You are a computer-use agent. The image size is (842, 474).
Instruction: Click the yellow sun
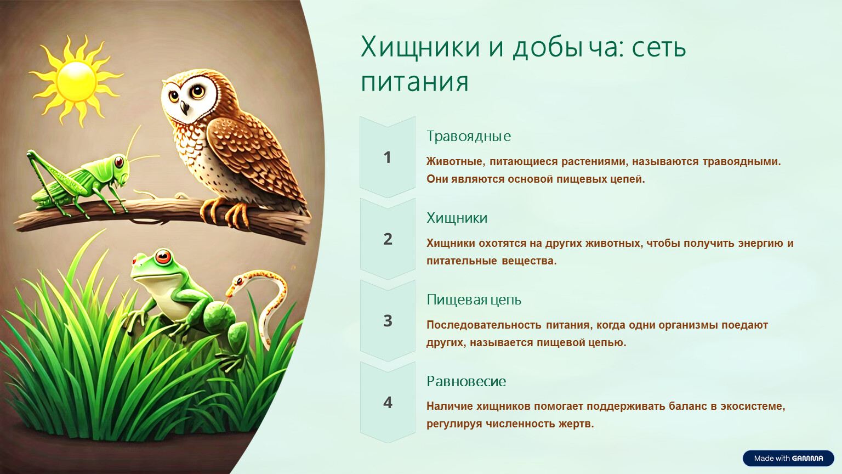pyautogui.click(x=76, y=81)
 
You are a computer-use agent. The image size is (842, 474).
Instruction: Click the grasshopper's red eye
pyautogui.click(x=119, y=162)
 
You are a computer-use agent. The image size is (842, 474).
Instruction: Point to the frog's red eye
pyautogui.click(x=163, y=257)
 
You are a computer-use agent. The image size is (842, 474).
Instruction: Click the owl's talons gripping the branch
pyautogui.click(x=225, y=212)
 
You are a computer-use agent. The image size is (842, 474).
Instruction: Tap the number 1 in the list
pyautogui.click(x=387, y=157)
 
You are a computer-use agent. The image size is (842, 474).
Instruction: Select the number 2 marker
pyautogui.click(x=388, y=239)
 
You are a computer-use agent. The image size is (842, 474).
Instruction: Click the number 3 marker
pyautogui.click(x=388, y=321)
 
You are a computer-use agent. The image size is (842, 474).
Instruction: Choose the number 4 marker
pyautogui.click(x=388, y=403)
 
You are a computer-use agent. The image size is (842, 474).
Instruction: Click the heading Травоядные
pyautogui.click(x=469, y=136)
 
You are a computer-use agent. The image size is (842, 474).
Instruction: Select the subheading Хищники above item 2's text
pyautogui.click(x=457, y=218)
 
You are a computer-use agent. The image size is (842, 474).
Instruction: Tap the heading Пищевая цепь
pyautogui.click(x=474, y=300)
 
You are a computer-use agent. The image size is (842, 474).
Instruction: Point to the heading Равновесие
pyautogui.click(x=466, y=381)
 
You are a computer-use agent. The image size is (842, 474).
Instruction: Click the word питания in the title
pyautogui.click(x=414, y=82)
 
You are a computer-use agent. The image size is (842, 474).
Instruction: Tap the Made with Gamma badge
pyautogui.click(x=788, y=458)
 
